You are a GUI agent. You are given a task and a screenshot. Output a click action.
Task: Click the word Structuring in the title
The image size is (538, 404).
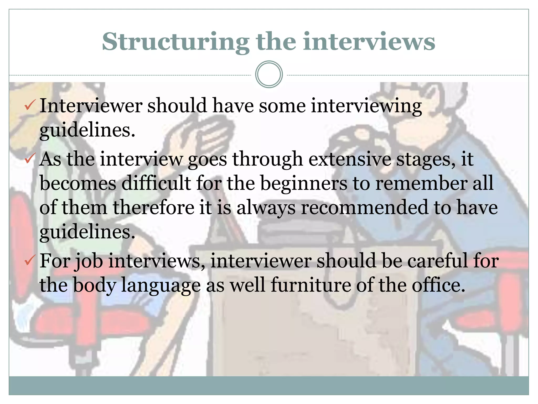tap(175, 42)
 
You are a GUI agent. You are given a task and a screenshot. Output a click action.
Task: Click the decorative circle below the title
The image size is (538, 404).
tap(269, 74)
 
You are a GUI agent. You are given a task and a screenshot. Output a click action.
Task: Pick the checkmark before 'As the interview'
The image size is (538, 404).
tap(29, 159)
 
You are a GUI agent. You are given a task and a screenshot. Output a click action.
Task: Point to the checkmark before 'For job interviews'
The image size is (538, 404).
tap(29, 260)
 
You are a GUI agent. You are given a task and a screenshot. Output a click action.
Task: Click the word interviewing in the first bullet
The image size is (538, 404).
tap(366, 106)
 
